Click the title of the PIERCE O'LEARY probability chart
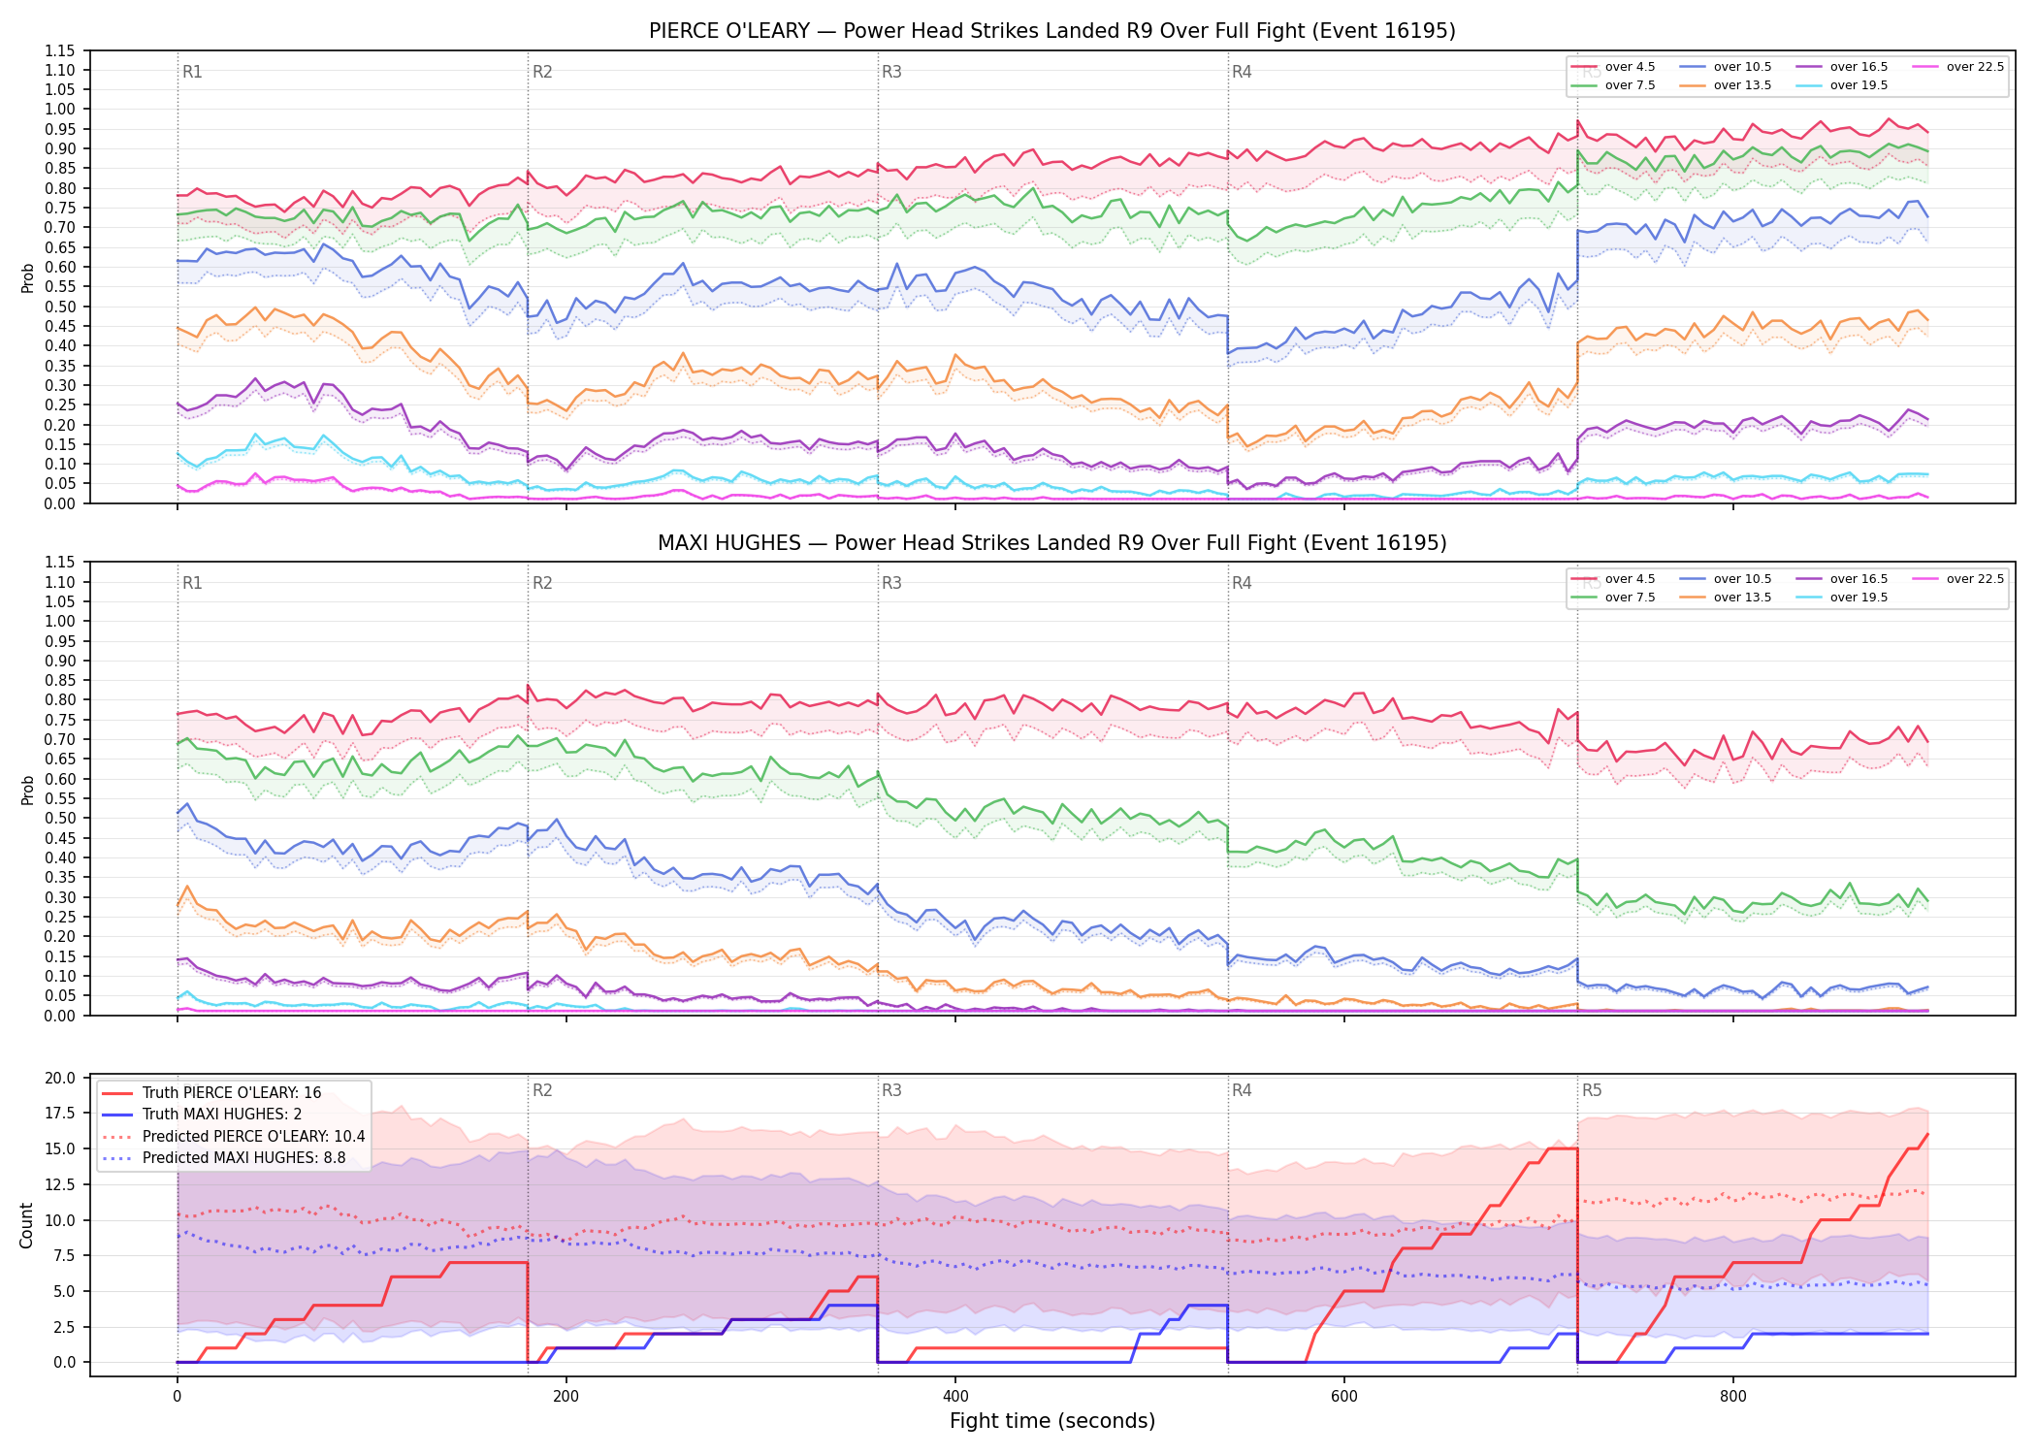tap(1051, 31)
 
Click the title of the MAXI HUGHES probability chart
tap(1051, 543)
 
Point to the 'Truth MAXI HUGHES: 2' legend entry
tap(202, 1115)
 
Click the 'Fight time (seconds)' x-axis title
tap(1052, 1421)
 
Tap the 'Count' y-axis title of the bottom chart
tap(26, 1225)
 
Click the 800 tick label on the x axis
tap(1733, 1397)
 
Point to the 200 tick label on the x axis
tap(566, 1397)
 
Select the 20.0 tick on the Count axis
tap(60, 1079)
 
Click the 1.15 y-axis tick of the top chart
tap(60, 50)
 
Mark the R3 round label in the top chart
tap(891, 72)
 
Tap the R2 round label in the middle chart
tap(542, 583)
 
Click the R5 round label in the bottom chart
tap(1592, 1090)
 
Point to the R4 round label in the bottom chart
tap(1242, 1090)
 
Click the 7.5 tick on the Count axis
tap(64, 1255)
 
